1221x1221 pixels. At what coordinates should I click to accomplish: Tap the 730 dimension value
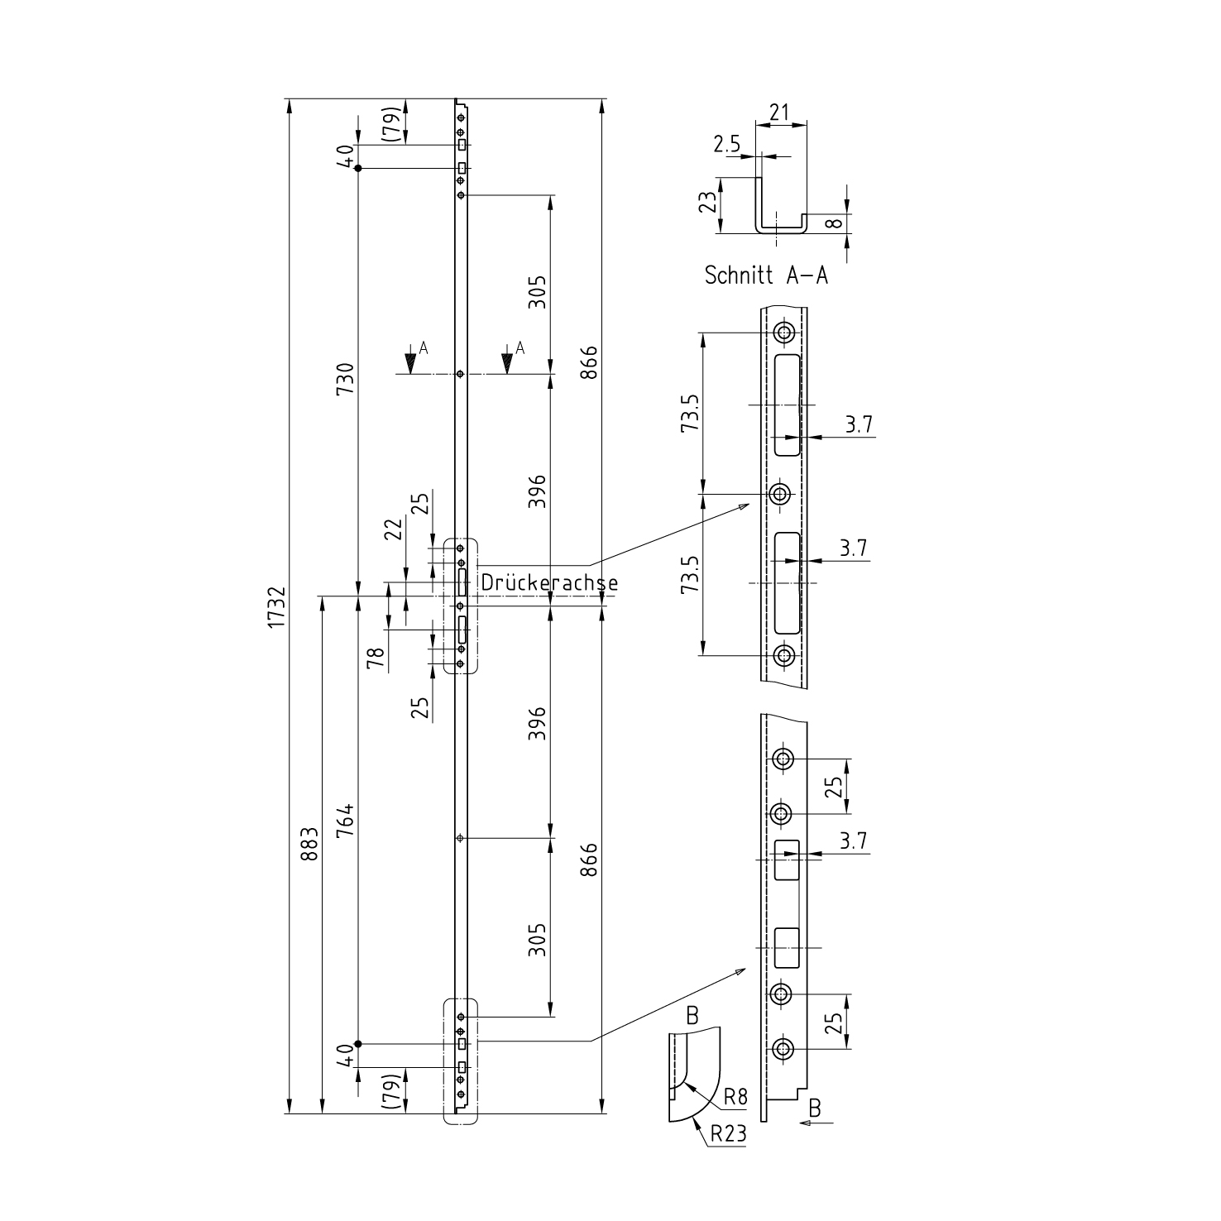347,378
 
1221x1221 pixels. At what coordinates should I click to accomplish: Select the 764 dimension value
347,819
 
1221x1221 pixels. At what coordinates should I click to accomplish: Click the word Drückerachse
548,582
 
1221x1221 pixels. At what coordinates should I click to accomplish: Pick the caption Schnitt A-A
766,275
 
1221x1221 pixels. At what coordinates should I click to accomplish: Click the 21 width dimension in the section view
780,112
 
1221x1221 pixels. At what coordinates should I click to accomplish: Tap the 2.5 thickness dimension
727,145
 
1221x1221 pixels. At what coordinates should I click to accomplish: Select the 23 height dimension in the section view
707,203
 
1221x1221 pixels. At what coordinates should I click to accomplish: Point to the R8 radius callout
735,1097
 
